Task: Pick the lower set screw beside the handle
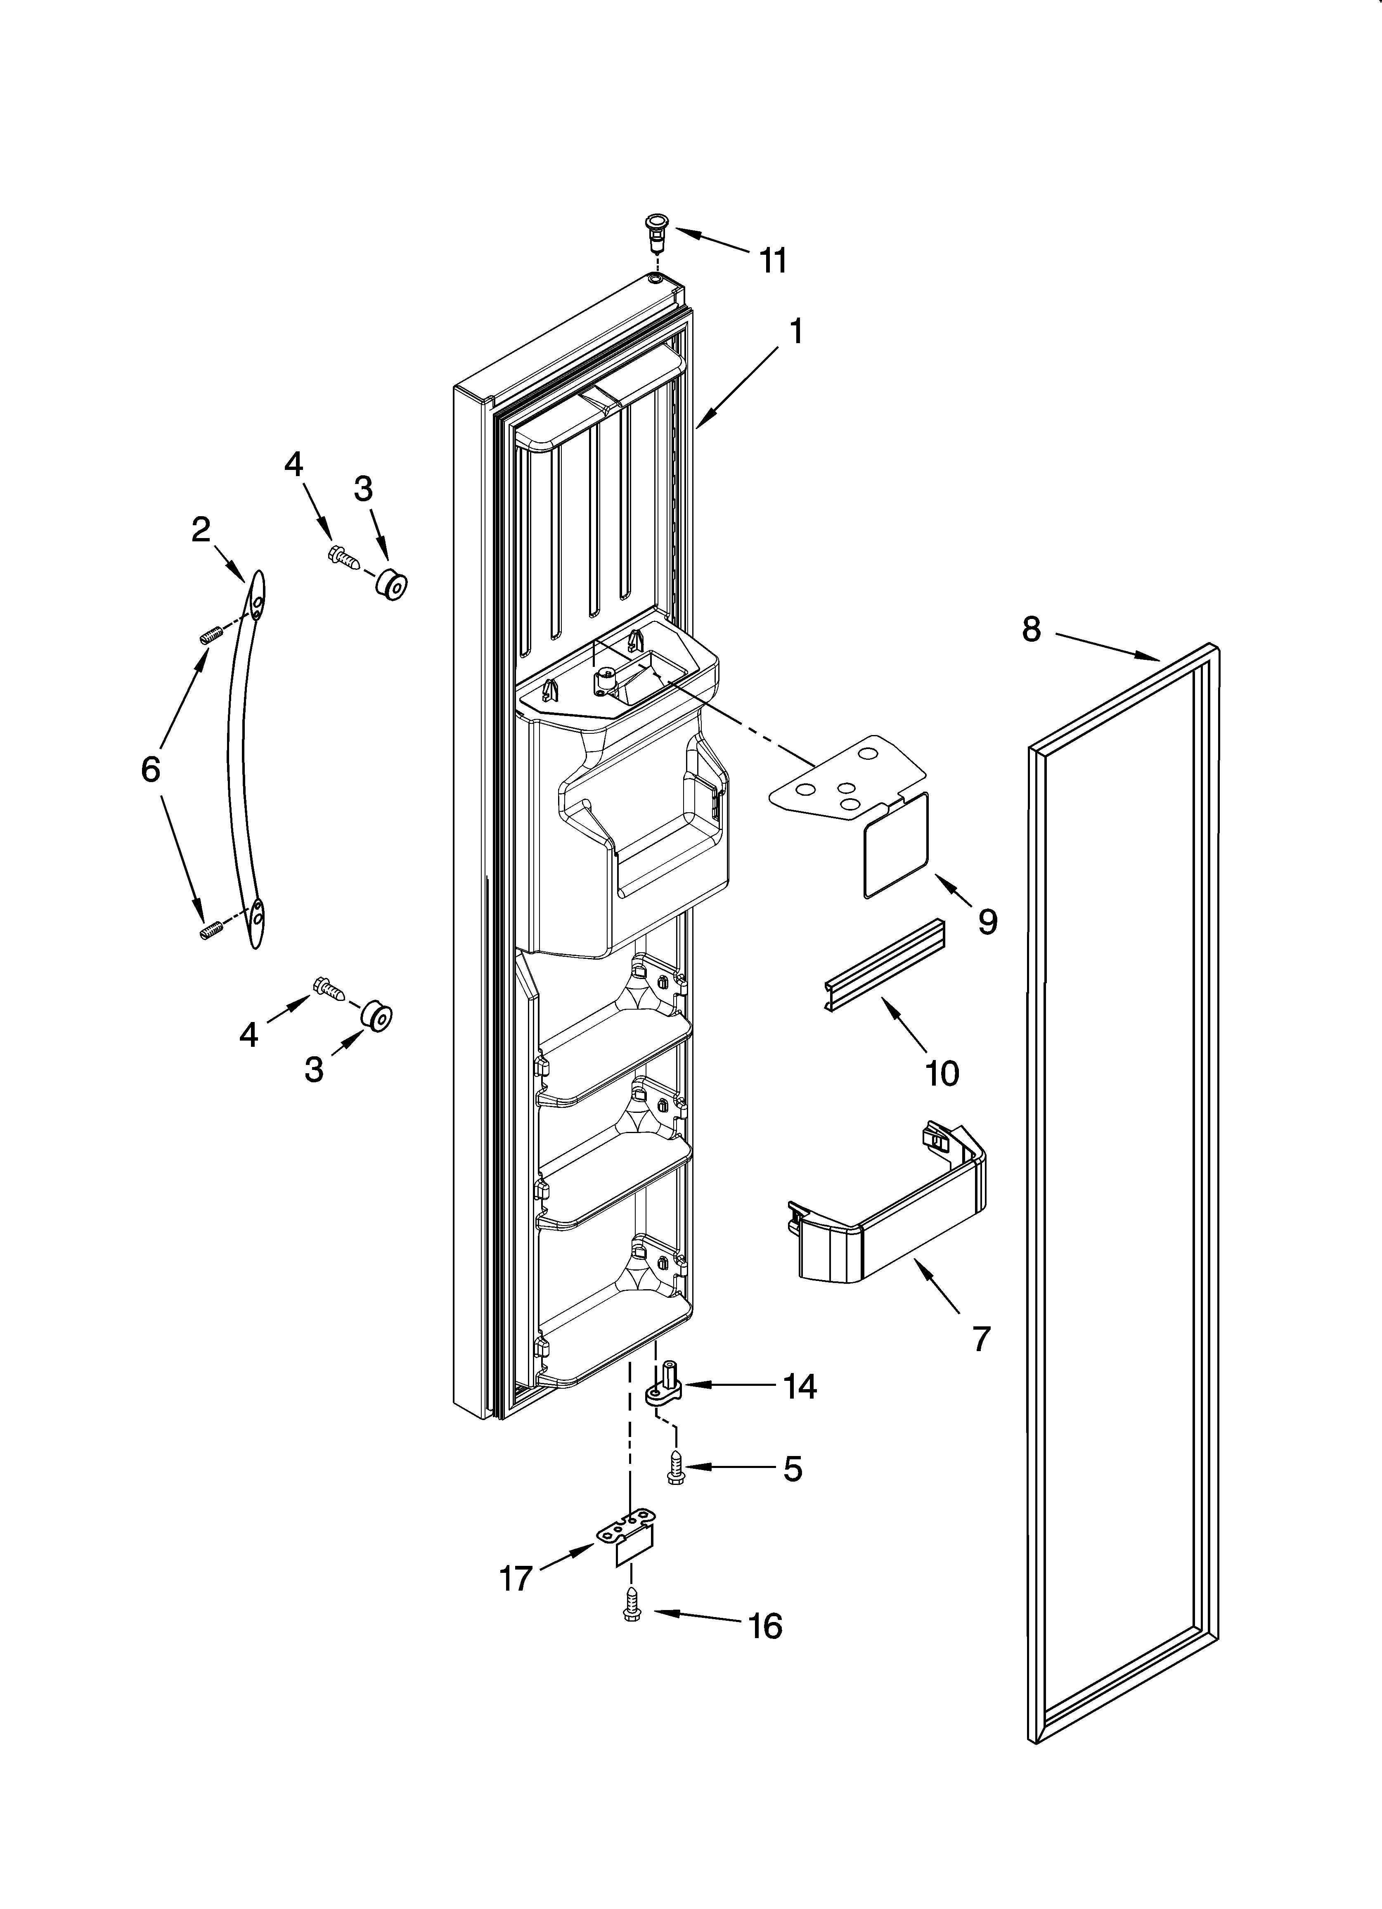(211, 931)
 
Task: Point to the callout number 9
(987, 922)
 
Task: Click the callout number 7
(980, 1338)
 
